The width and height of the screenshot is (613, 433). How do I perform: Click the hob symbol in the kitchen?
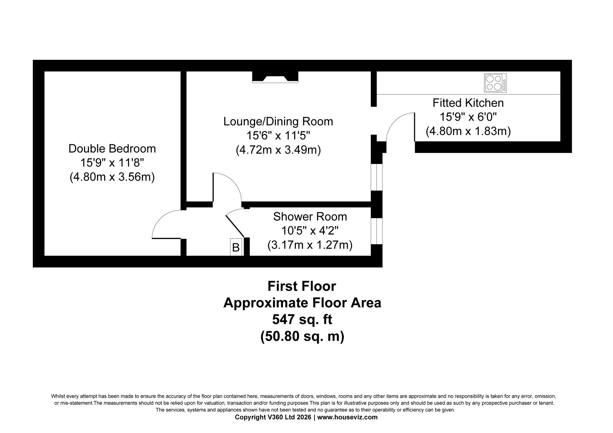pos(495,83)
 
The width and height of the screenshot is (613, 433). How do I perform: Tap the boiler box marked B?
pos(236,247)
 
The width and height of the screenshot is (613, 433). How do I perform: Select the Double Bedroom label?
pos(112,149)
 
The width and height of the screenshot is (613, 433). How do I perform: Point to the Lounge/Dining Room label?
pos(278,122)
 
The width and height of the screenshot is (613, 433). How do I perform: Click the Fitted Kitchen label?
pos(468,103)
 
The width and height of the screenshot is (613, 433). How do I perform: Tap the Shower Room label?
pos(310,217)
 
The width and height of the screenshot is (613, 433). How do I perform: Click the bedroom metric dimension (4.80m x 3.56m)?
pos(112,177)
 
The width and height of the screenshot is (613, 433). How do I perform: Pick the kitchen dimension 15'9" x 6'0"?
pos(468,117)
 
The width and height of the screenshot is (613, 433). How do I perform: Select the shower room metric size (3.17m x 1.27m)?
pos(310,245)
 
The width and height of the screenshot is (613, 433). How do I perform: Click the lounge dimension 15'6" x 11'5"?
pos(278,136)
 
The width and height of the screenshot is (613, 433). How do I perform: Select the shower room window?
pos(377,231)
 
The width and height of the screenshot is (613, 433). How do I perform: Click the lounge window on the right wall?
pos(377,177)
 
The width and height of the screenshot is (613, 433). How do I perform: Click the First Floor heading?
pos(302,286)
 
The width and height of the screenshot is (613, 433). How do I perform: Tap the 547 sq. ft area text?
pos(302,320)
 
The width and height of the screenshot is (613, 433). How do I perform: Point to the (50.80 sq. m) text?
pos(302,336)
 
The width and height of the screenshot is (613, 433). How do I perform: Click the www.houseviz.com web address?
pos(347,417)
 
